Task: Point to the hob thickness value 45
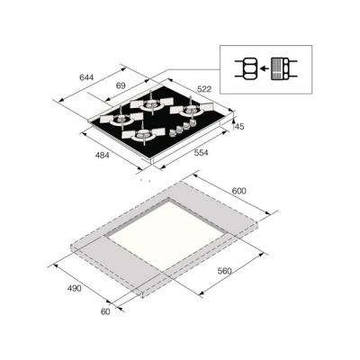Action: (x=238, y=126)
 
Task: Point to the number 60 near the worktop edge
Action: (x=106, y=310)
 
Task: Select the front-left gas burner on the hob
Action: (x=143, y=136)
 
